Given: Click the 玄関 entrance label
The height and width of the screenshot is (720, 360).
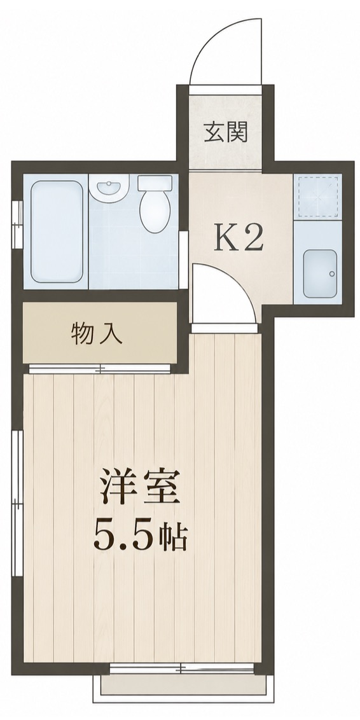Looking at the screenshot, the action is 226,133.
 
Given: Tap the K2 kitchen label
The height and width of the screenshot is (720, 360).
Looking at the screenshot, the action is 238,237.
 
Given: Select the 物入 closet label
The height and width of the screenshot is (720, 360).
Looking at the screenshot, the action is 97,334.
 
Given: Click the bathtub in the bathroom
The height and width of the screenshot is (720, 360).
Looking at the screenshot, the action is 57,231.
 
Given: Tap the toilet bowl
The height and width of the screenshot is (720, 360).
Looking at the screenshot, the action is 155,212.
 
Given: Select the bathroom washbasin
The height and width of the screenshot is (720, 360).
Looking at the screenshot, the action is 109,188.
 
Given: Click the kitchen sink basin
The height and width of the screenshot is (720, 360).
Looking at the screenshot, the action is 320,273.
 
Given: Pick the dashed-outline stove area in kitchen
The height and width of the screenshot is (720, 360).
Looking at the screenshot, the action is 318,195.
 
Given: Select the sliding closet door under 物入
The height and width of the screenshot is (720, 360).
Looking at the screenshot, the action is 100,368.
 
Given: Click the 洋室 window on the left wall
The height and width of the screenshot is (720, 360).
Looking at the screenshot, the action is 17,503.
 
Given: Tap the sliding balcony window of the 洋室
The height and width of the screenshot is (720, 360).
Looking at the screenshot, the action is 182,668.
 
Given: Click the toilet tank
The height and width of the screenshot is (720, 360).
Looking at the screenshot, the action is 155,183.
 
